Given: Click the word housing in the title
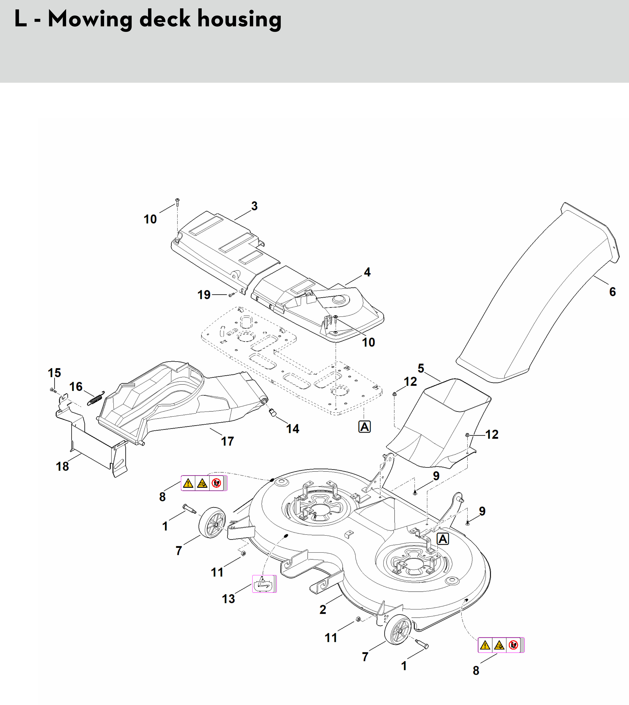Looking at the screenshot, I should (239, 19).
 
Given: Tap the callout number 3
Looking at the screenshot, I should (254, 206).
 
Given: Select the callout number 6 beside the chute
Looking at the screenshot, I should (612, 292).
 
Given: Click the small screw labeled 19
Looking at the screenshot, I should (231, 295).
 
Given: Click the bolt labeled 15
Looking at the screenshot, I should (53, 390).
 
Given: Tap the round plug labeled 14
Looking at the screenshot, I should (272, 412).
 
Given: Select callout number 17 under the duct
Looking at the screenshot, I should (227, 441).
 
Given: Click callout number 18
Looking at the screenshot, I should (62, 466).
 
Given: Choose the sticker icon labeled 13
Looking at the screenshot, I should (264, 584).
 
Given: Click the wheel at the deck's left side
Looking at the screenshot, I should (212, 522).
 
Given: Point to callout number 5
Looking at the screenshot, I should (421, 368).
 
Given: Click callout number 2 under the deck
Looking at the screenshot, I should (323, 609).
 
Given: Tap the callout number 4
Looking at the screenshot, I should (367, 272).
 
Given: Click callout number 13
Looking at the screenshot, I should (228, 599).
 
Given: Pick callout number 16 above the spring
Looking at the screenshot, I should (76, 386).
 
